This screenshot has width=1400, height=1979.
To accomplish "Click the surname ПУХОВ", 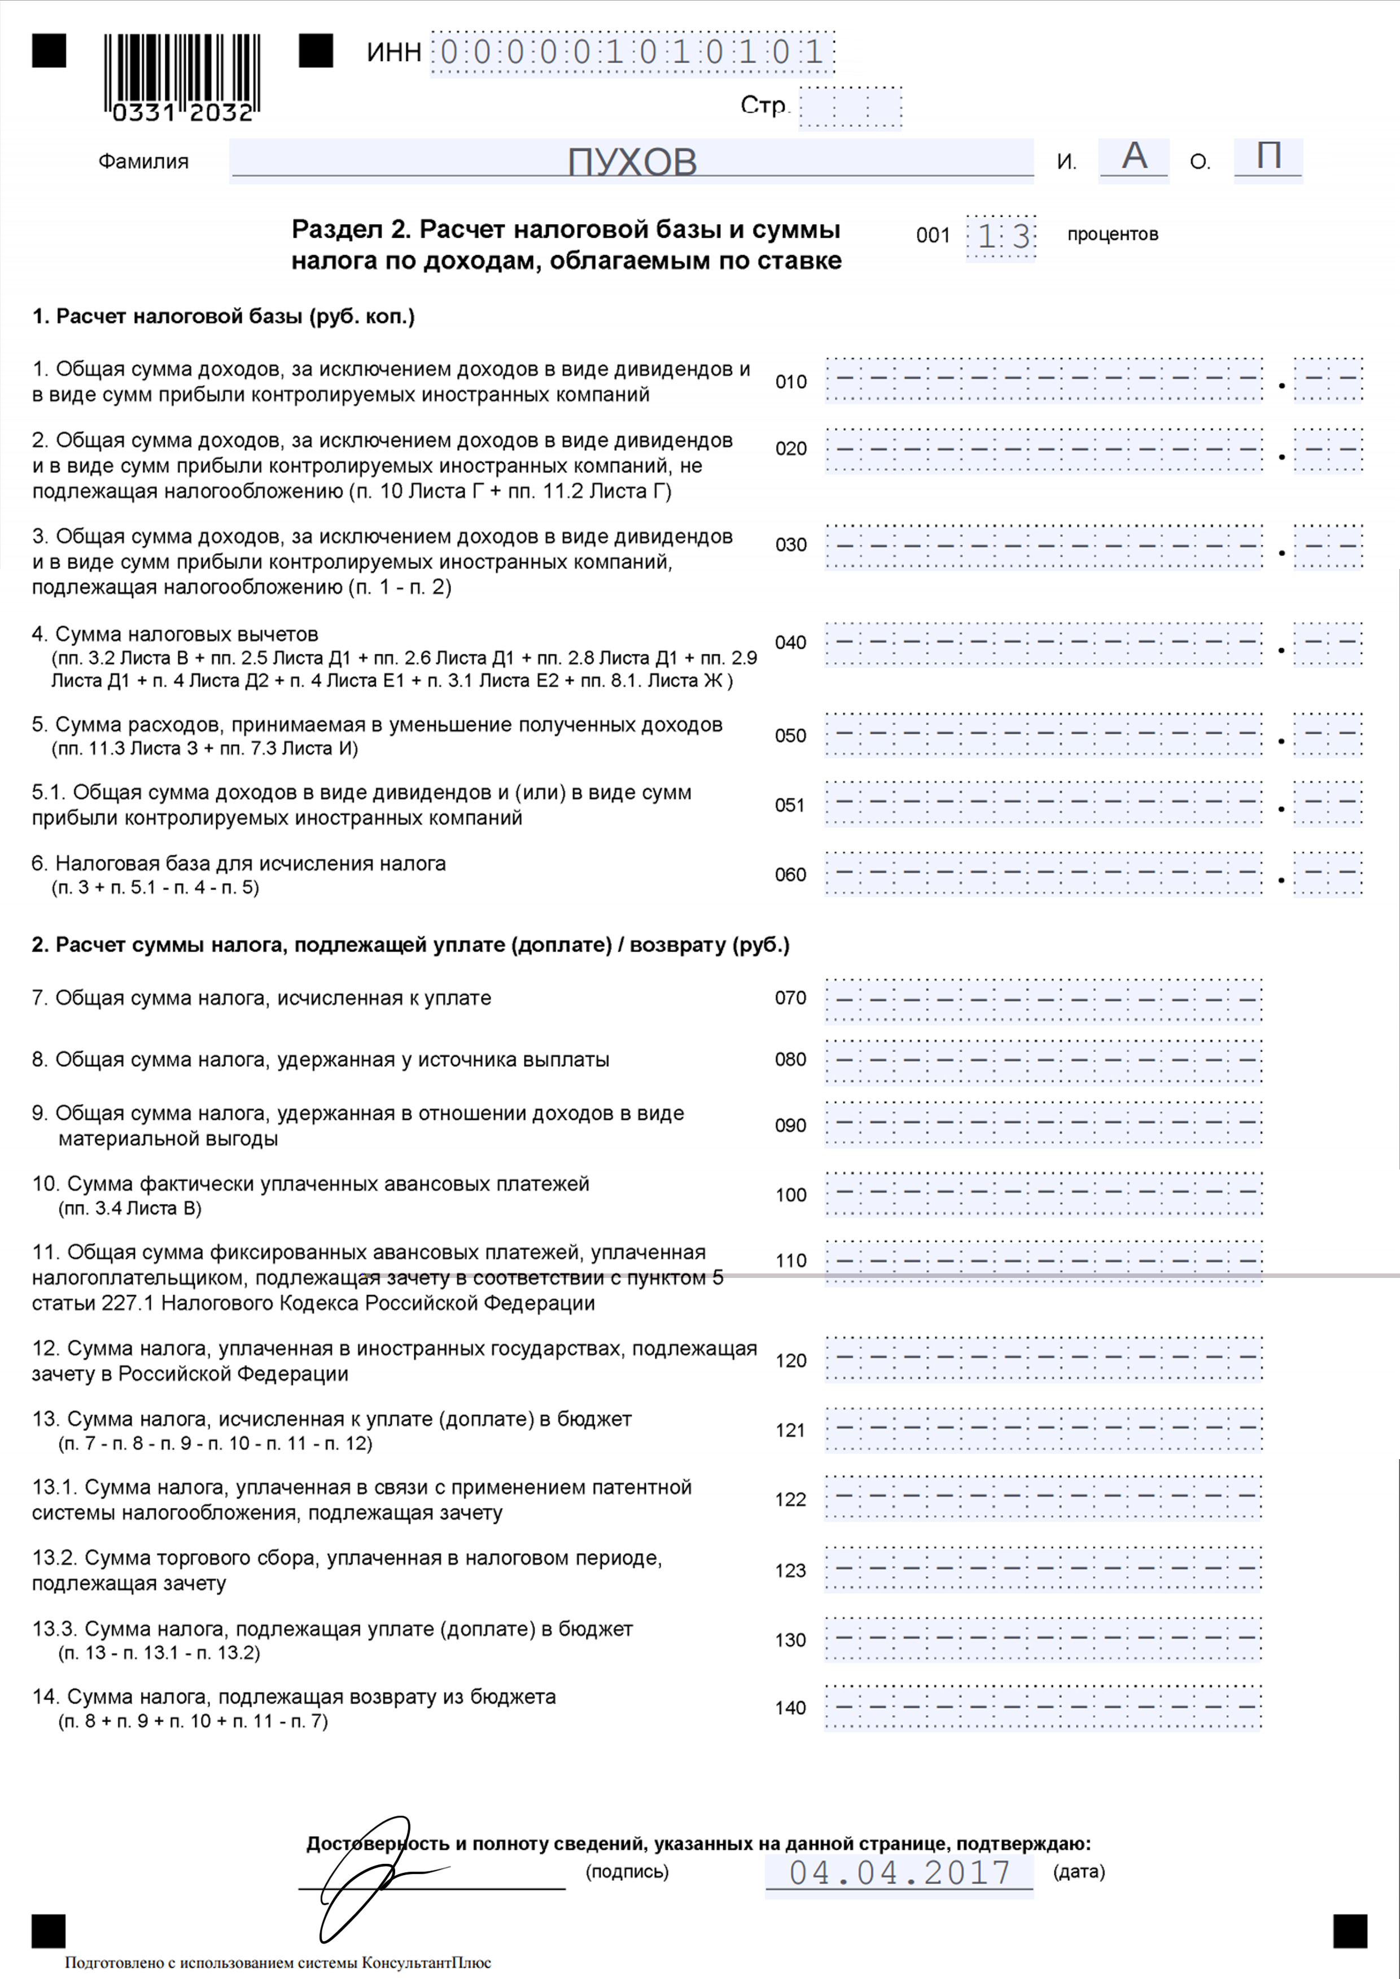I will [x=632, y=161].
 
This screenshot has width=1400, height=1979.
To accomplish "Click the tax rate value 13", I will [x=1001, y=236].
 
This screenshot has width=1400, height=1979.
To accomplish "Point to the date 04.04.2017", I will [x=899, y=1872].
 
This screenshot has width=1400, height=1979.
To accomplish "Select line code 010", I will [x=790, y=382].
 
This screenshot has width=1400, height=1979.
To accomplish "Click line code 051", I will [x=790, y=805].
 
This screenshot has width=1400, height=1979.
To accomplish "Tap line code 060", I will [x=790, y=875].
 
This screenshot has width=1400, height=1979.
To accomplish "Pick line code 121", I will [x=790, y=1430].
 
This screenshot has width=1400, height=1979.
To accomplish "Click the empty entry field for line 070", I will [x=1043, y=1000].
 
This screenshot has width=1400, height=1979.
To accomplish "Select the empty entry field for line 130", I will [x=1043, y=1639].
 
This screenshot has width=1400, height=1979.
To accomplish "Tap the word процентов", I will [x=1112, y=234].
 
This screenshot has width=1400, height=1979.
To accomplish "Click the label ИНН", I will [x=394, y=52].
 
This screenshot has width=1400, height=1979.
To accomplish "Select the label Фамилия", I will [x=143, y=162].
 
